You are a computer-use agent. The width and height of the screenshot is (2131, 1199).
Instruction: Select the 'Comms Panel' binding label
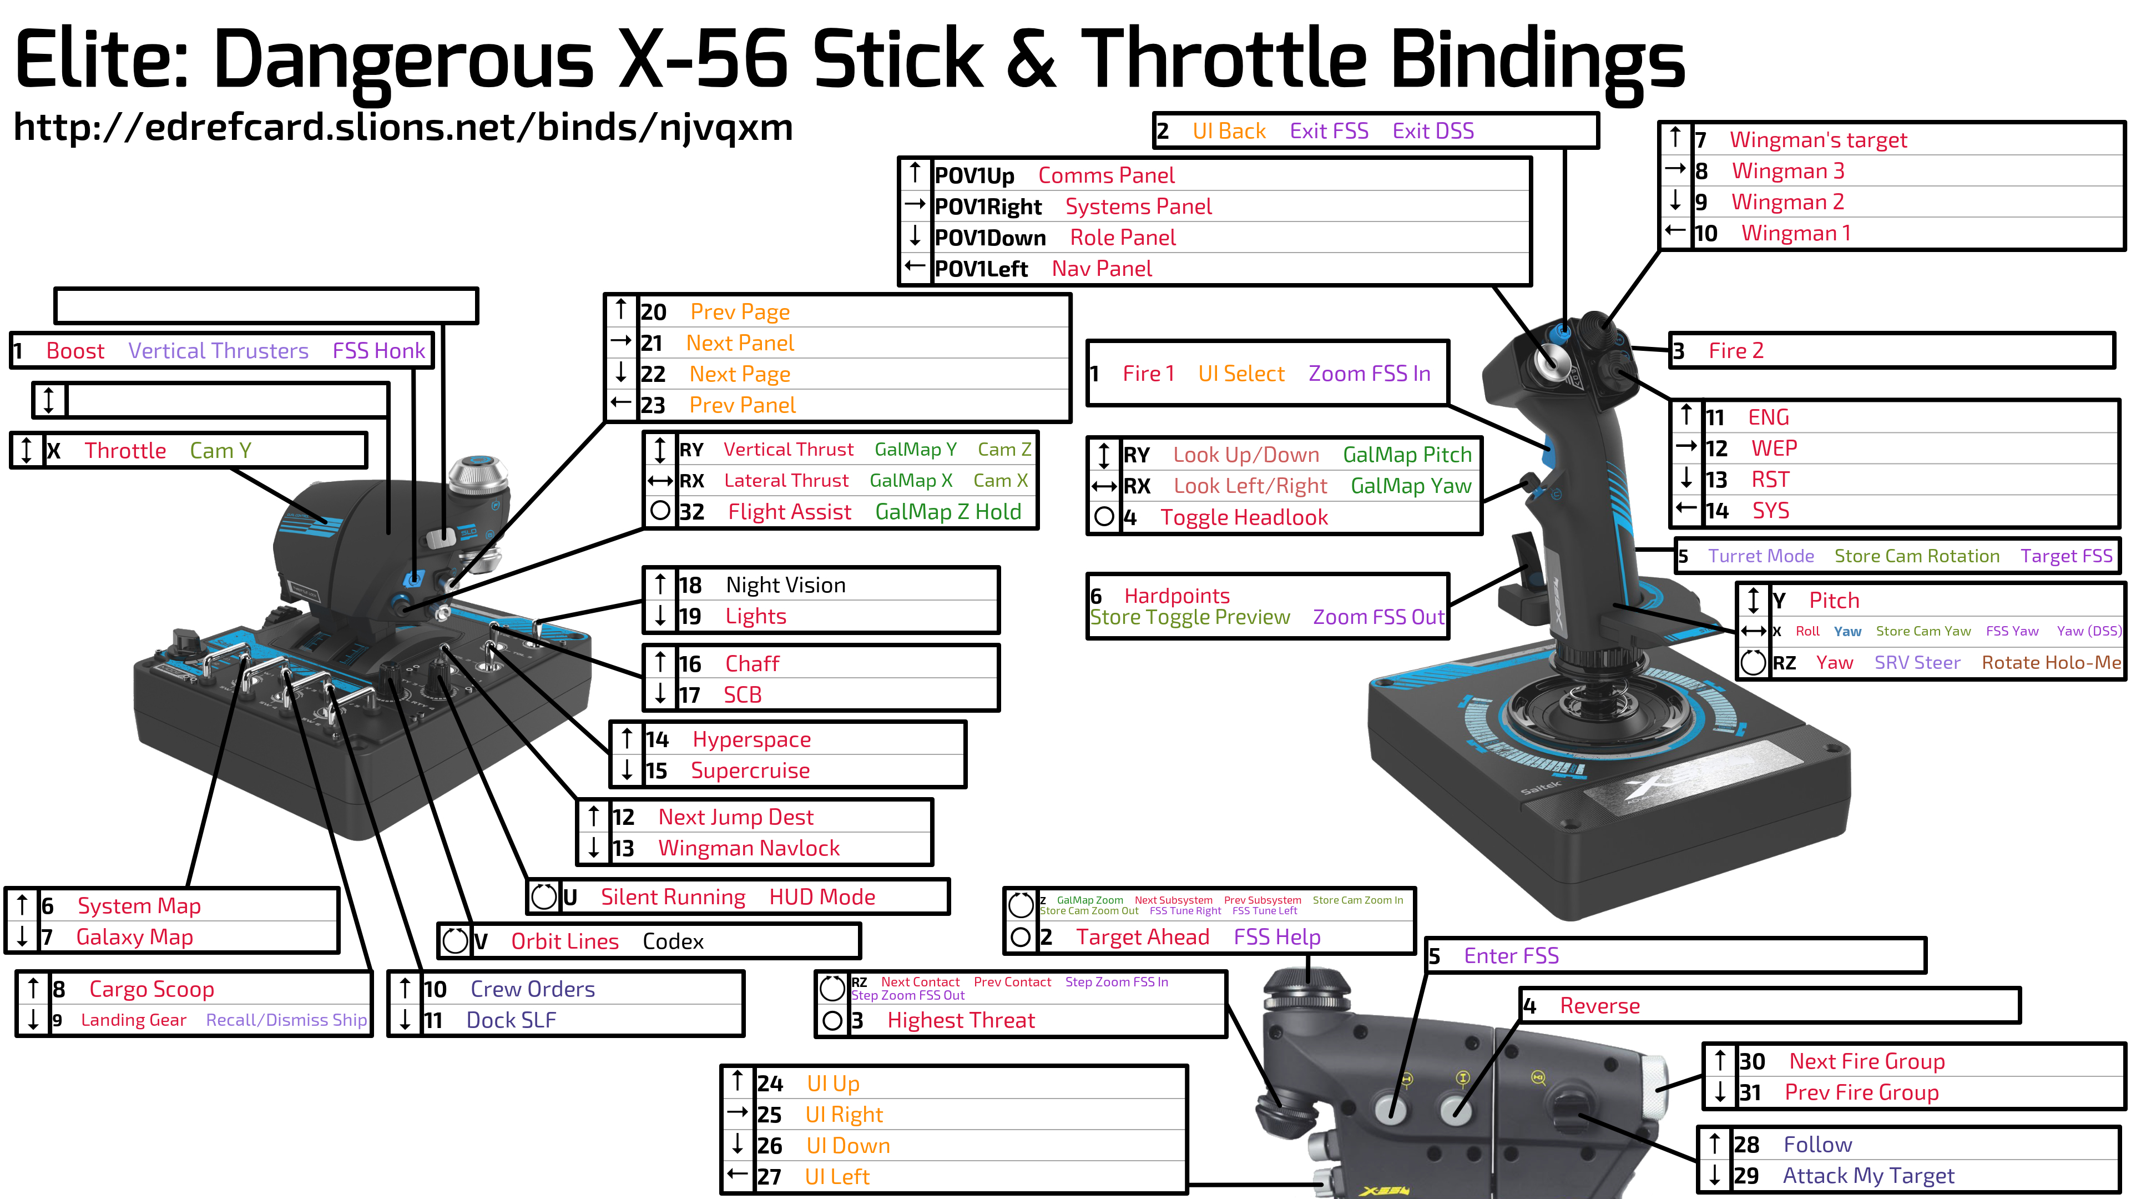pos(1106,175)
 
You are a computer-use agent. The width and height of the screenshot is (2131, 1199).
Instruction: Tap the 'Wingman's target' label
pos(1819,140)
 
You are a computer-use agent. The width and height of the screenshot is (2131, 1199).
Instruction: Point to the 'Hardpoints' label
pos(1176,596)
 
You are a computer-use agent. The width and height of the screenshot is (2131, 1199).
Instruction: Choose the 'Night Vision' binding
pos(786,585)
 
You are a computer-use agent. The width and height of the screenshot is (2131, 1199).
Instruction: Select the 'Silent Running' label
pos(673,897)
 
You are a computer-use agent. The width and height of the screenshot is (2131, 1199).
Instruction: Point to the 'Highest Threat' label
pos(961,1020)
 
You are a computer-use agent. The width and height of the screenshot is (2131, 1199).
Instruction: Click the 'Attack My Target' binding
pos(1868,1176)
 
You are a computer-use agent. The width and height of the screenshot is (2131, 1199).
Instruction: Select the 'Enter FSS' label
pos(1511,956)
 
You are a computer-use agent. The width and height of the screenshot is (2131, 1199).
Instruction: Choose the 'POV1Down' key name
pos(989,238)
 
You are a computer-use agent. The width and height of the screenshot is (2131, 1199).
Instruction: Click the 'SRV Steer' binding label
pos(1917,663)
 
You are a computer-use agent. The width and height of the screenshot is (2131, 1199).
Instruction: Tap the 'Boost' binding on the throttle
pos(75,351)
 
